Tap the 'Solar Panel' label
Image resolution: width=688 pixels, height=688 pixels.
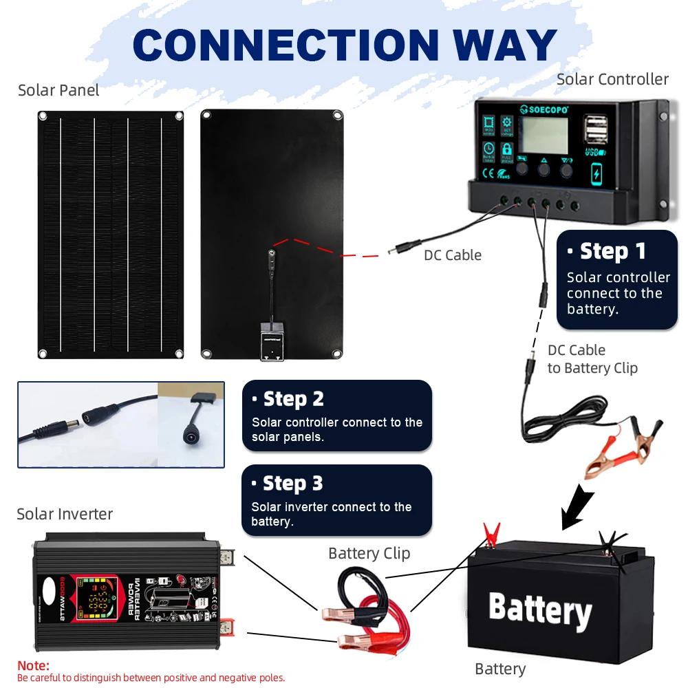point(58,90)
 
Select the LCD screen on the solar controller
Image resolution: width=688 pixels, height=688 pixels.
point(543,136)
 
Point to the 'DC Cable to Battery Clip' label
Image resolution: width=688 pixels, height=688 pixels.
point(592,359)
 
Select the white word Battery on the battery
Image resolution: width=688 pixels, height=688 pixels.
point(540,609)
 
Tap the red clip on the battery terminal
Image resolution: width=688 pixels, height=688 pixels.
point(491,533)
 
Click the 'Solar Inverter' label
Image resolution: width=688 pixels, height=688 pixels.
point(65,514)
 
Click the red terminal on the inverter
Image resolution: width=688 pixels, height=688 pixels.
point(227,627)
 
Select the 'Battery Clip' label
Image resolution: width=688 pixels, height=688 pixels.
point(369,553)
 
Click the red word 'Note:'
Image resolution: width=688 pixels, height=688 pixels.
point(33,665)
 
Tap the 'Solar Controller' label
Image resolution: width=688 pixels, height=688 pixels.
point(612,79)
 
